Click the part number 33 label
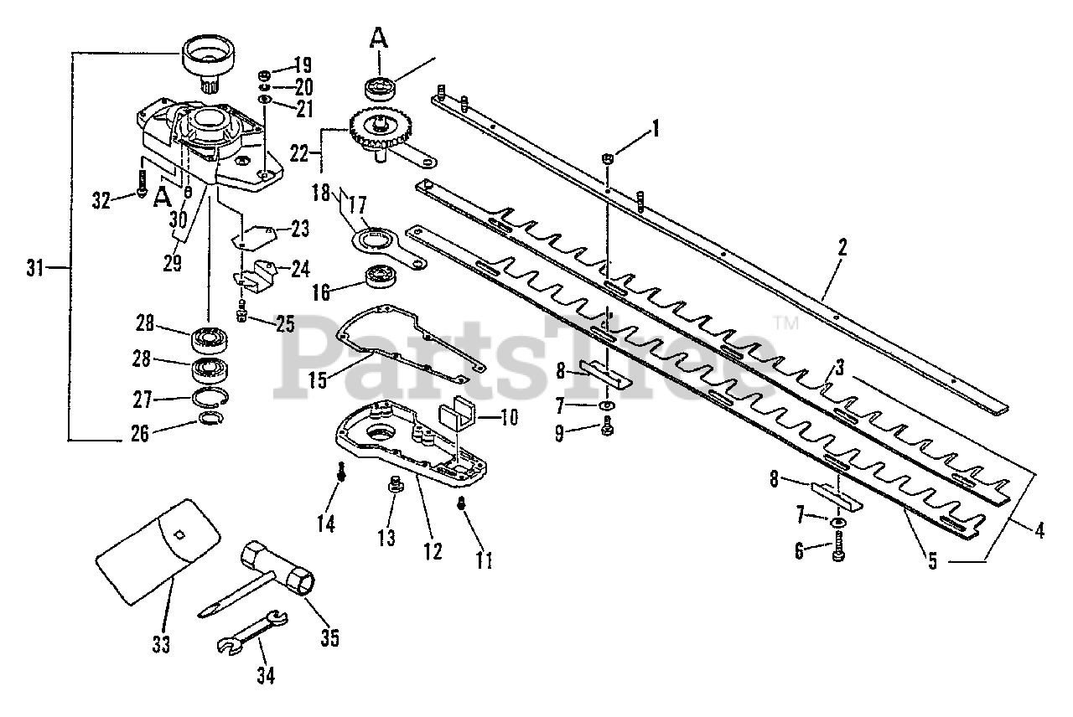pos(161,644)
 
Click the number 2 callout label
pos(842,248)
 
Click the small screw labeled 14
pos(342,472)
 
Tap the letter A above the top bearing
pos(380,38)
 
